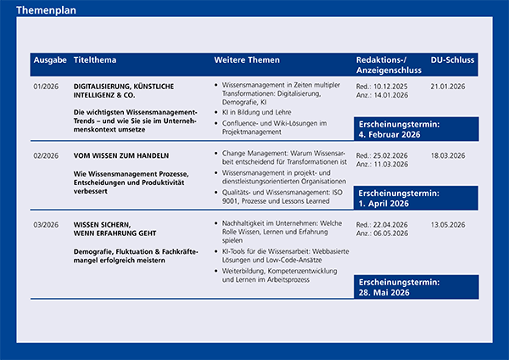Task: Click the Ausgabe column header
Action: point(50,61)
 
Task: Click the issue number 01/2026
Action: point(46,86)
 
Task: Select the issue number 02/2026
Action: point(46,155)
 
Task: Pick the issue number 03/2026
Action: point(46,224)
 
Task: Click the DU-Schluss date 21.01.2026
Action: point(450,86)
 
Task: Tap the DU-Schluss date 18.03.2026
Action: point(450,155)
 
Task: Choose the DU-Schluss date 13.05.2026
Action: point(450,224)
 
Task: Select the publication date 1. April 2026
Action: point(387,204)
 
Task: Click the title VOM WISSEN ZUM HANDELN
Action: point(121,155)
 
